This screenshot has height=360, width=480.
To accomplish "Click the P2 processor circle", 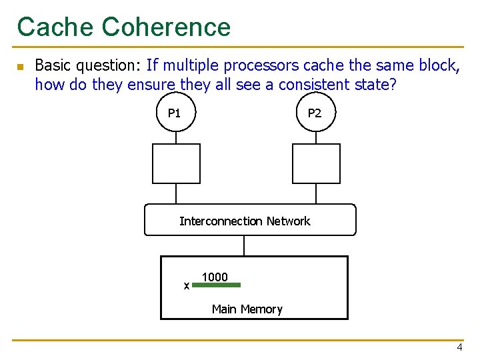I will point(315,113).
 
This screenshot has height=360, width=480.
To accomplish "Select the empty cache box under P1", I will point(176,163).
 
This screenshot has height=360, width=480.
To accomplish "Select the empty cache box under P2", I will point(316,163).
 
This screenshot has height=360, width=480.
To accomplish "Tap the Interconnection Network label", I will point(245,221).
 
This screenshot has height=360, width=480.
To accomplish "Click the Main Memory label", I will point(247,309).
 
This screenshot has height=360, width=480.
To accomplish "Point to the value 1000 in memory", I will point(215,277).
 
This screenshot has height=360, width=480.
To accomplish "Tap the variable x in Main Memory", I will point(186,286).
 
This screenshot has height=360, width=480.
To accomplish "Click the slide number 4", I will point(459,348).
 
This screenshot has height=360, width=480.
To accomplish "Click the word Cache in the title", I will point(56,27).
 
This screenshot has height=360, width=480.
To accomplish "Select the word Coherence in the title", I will point(167,27).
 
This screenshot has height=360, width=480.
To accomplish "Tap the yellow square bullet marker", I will point(20,67).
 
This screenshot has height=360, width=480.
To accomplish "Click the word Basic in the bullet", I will point(52,65).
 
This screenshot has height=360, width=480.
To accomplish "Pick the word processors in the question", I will point(262,65).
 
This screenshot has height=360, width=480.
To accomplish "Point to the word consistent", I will point(311,85).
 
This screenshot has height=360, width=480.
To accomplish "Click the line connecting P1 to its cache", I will point(176,137).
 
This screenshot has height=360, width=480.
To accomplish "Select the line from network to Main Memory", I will point(245,246).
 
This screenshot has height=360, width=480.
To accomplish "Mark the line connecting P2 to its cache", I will point(316,137).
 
